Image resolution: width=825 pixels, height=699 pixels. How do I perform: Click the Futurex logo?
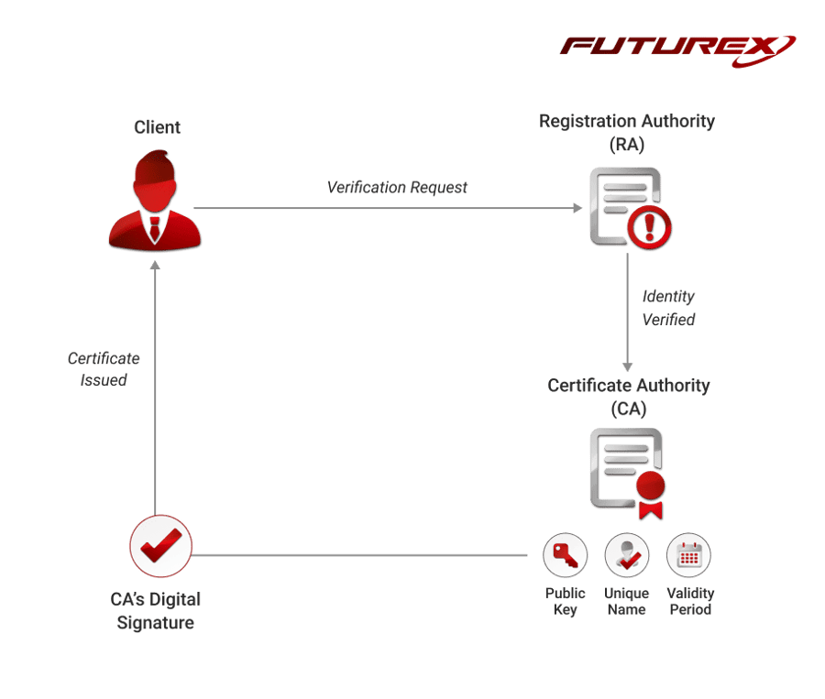click(678, 47)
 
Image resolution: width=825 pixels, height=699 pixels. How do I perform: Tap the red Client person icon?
click(155, 202)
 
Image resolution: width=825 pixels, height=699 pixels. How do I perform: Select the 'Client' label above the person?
click(157, 126)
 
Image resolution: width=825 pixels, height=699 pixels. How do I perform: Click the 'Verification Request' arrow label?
click(397, 187)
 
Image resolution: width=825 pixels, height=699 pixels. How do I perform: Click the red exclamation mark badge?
click(650, 223)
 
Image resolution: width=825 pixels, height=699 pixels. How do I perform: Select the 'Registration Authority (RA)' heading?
click(627, 132)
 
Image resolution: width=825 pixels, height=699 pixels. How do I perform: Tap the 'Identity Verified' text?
click(668, 308)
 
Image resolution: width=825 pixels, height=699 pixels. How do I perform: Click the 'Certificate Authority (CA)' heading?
click(628, 396)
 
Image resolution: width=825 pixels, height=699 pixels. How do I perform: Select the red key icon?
click(565, 555)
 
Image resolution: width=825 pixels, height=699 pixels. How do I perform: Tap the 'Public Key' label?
click(565, 601)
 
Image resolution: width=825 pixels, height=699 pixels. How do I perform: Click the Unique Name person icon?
click(627, 555)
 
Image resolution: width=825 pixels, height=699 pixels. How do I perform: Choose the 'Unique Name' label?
click(627, 601)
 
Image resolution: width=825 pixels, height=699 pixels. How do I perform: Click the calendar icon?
click(689, 555)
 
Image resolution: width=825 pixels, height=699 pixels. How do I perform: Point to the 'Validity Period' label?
click(690, 601)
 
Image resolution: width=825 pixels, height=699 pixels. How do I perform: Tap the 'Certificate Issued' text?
click(104, 368)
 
